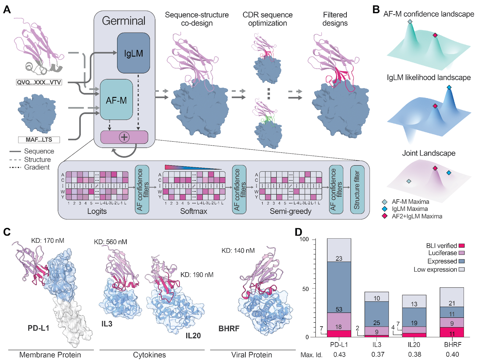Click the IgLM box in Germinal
[x=133, y=53]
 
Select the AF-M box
[x=116, y=100]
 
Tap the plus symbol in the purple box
[x=124, y=137]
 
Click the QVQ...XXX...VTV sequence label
[x=39, y=82]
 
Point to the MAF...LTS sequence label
[x=39, y=140]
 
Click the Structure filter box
[x=357, y=190]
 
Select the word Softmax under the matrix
[x=193, y=211]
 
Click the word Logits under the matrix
[x=97, y=211]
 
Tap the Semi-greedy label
[x=290, y=211]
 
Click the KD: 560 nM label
[x=110, y=242]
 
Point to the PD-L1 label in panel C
[x=38, y=328]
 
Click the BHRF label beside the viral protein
[x=229, y=328]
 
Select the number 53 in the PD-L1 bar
[x=339, y=309]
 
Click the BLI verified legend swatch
[x=461, y=246]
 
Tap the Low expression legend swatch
[x=461, y=270]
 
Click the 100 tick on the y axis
[x=304, y=239]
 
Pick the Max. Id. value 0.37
[x=378, y=354]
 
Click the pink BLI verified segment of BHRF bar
[x=452, y=332]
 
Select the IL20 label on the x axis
[x=414, y=345]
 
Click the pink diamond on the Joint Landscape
[x=435, y=168]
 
